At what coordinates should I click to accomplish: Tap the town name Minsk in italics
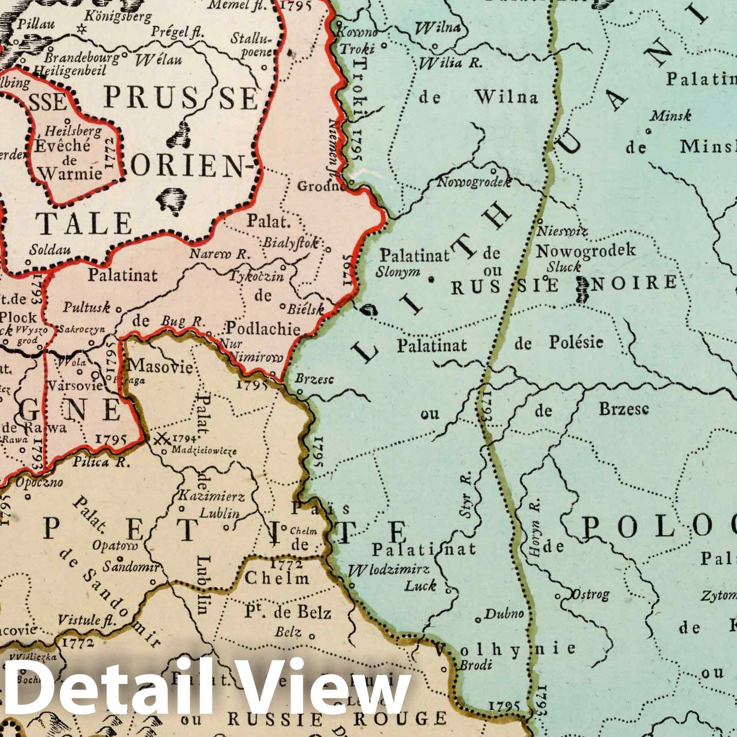pos(670,115)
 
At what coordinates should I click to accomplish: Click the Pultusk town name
pos(87,307)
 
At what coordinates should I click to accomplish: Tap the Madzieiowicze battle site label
pos(204,450)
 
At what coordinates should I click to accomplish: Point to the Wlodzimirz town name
pos(389,570)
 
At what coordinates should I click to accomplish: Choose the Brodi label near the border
pos(475,665)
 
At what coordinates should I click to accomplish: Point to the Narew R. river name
pos(219,253)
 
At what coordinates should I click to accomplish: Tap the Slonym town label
pos(398,271)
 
